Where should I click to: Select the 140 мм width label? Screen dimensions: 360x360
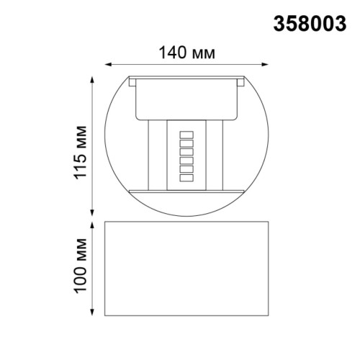(187, 53)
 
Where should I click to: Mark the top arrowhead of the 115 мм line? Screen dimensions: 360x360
(92, 77)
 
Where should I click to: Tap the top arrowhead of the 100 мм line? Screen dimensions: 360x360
(92, 224)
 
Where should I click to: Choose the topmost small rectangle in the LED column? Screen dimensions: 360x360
(187, 135)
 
